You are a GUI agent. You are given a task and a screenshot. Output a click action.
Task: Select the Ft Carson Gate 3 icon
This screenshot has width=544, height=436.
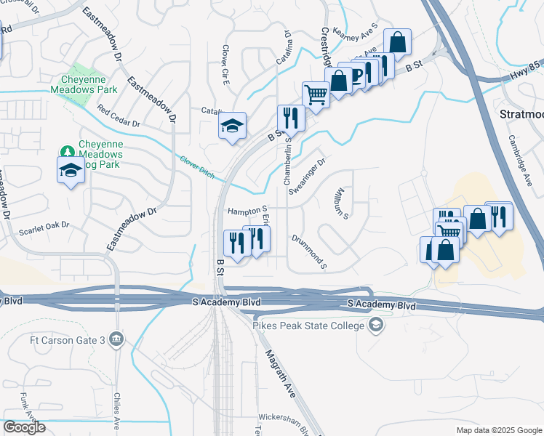[117, 339]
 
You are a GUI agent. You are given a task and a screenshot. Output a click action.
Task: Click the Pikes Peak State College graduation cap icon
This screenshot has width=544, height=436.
[375, 326]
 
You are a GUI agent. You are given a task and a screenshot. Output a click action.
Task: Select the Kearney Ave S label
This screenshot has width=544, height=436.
[357, 33]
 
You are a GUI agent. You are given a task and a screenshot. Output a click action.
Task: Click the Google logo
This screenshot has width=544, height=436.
[24, 427]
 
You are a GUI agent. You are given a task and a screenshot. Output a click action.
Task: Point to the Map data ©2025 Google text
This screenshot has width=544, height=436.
[499, 430]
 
